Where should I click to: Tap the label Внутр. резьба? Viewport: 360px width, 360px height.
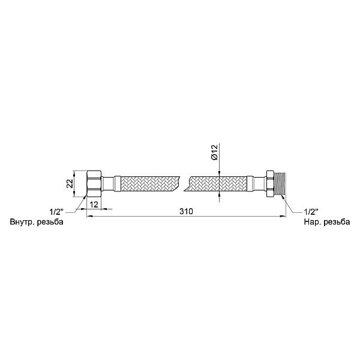[x=37, y=223]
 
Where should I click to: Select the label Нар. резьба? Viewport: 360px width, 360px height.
[x=328, y=223]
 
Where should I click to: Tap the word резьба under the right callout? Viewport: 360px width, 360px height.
[x=337, y=223]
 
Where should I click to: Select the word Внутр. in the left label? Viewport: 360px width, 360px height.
[x=22, y=223]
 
